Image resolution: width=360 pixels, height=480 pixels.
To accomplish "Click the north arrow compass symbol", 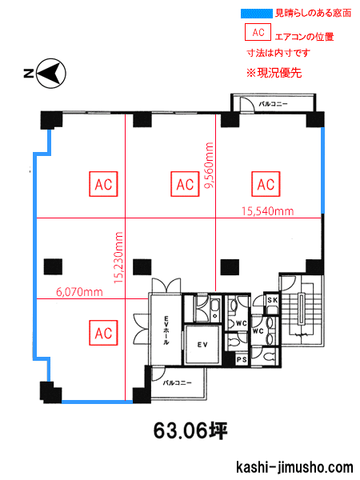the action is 51,74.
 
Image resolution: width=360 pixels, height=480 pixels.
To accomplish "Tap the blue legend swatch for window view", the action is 256,14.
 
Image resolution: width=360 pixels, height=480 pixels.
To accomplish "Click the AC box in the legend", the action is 258,32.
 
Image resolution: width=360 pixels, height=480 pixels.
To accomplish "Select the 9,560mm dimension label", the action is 210,166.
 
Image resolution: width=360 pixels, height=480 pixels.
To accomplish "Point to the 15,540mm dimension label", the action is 267,211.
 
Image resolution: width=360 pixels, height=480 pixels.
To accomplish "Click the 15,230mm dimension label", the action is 118,258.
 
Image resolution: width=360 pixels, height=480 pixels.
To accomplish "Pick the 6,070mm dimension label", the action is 79,292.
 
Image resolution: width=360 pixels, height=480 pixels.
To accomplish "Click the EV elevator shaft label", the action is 202,345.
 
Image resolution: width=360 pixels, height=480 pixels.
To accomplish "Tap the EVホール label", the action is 166,330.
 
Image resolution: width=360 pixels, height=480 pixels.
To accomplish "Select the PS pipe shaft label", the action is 242,360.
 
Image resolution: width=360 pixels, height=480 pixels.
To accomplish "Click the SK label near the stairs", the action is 272,300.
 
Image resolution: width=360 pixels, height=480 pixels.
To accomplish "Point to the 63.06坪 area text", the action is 190,430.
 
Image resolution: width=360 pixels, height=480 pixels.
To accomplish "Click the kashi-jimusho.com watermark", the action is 294,468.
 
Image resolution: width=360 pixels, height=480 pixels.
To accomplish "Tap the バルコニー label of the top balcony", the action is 273,104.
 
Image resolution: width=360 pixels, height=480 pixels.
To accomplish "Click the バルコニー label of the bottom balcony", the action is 178,383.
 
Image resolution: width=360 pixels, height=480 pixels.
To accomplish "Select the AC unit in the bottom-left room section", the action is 103,333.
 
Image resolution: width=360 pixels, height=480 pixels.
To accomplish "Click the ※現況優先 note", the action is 274,73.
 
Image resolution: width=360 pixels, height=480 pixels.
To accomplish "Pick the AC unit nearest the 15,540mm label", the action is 266,184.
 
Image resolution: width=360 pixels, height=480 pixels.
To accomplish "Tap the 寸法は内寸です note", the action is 278,53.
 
